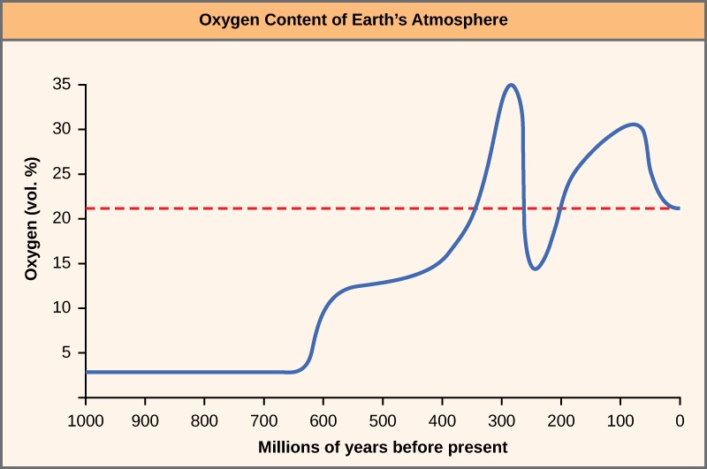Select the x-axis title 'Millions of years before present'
383,446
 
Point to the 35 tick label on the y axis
61,86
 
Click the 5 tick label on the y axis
65,352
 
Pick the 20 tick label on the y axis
61,219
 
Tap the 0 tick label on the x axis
679,421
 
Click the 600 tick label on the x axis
323,421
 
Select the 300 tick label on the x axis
501,421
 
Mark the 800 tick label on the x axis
204,421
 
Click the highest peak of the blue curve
510,85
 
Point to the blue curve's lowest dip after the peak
536,269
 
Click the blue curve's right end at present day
678,208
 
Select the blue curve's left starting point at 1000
87,372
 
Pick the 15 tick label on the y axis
61,263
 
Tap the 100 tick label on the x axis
620,421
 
